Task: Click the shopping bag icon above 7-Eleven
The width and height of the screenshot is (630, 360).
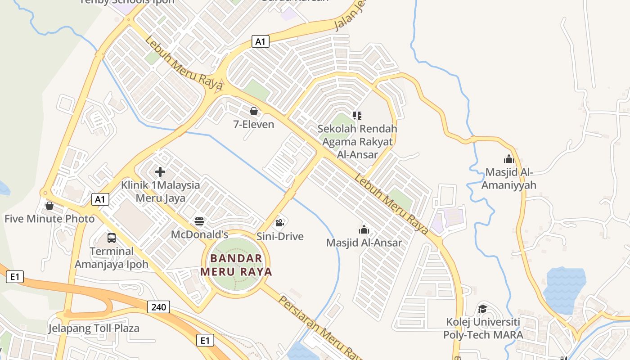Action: (x=254, y=111)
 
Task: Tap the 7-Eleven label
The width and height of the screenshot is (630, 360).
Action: (x=254, y=124)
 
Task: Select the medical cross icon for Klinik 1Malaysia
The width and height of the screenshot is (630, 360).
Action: (x=160, y=172)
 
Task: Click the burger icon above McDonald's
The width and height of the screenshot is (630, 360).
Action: (x=199, y=221)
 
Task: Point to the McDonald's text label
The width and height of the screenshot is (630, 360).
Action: (x=200, y=234)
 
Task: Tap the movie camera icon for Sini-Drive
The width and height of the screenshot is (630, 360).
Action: (x=279, y=223)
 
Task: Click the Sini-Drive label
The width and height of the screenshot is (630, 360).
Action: (x=280, y=236)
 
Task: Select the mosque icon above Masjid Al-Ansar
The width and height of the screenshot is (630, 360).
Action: (x=364, y=230)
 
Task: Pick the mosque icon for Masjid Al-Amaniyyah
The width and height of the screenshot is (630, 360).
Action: (x=509, y=159)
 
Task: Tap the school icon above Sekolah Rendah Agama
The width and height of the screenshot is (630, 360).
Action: (x=357, y=116)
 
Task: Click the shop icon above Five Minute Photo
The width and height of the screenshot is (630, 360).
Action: (x=49, y=206)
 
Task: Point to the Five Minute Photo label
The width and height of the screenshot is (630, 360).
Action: (x=49, y=219)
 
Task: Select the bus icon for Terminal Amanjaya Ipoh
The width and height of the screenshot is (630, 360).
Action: (x=111, y=238)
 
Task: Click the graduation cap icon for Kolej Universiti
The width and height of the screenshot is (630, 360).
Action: (x=482, y=309)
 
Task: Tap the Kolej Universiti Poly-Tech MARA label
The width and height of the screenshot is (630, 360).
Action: (x=483, y=328)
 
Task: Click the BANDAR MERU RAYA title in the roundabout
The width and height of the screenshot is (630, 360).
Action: (x=236, y=265)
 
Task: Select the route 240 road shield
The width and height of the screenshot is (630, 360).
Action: (x=158, y=307)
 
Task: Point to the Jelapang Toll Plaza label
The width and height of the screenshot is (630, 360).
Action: (x=94, y=328)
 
